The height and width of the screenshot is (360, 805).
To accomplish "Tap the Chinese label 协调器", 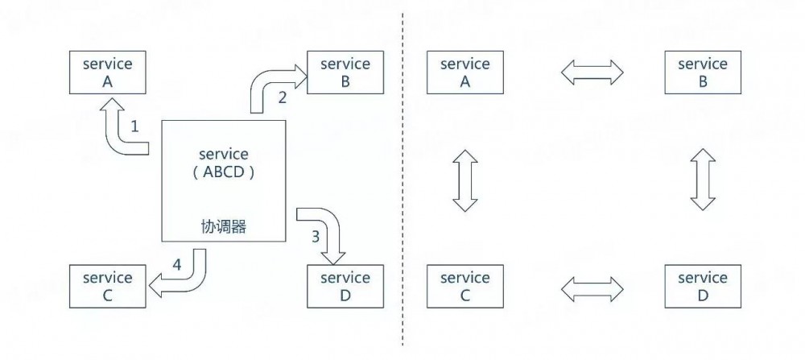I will [x=224, y=227].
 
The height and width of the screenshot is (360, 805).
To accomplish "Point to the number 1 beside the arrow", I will [x=134, y=126].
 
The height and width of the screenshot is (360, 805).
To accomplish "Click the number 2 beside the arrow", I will [x=282, y=97].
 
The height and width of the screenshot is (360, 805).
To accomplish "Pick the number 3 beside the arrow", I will [x=316, y=237].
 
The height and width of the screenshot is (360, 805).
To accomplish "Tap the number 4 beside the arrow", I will [x=177, y=263].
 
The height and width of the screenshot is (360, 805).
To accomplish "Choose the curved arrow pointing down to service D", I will [x=326, y=230].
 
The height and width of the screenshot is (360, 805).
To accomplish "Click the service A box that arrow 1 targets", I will [x=108, y=72].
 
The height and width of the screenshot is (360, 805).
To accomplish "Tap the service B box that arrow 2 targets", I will [x=345, y=72].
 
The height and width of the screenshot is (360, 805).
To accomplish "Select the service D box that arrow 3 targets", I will [x=345, y=286].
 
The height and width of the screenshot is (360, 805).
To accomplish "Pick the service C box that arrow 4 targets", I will [x=108, y=286].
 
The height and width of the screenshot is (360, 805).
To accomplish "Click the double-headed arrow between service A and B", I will [x=592, y=72].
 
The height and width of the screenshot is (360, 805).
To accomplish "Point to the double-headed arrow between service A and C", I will [x=465, y=180].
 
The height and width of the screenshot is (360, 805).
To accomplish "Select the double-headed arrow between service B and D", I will [x=703, y=180].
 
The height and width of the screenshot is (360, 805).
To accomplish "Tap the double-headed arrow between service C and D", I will [x=592, y=287].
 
